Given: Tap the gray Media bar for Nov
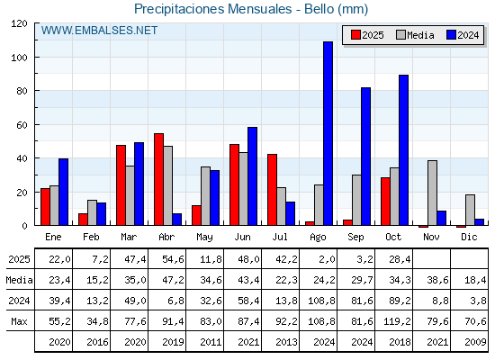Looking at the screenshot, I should [432, 193].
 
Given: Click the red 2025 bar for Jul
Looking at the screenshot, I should [272, 190].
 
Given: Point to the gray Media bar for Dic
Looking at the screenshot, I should [470, 210].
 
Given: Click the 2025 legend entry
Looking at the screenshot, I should [368, 35].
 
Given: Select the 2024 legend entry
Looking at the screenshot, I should [463, 35].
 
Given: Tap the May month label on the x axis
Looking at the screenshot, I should [205, 237].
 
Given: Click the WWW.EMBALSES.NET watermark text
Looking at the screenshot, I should [99, 31].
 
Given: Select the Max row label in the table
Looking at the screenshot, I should [18, 321].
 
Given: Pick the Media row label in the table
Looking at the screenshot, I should [18, 280].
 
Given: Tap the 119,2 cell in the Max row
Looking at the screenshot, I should [394, 321].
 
